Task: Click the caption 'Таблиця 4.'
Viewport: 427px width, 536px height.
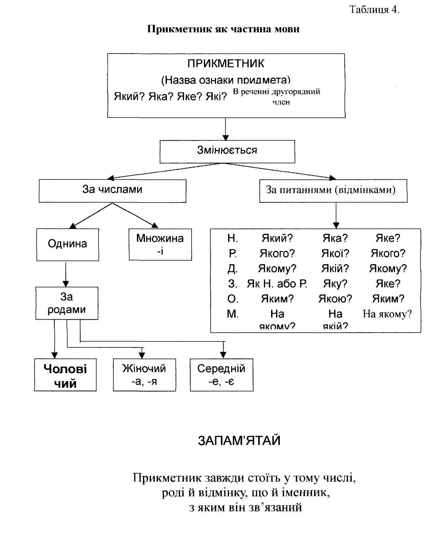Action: [x=374, y=10]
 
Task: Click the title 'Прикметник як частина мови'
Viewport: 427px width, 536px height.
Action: [x=223, y=29]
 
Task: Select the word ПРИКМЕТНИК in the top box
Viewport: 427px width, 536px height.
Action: [x=226, y=63]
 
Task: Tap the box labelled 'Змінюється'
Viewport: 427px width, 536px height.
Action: [x=227, y=151]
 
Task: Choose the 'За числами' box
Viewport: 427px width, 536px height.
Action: [x=112, y=190]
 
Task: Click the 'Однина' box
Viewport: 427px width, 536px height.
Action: [x=67, y=244]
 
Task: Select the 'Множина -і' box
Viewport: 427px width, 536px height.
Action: [x=160, y=244]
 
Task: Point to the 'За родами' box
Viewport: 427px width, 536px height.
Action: [x=67, y=303]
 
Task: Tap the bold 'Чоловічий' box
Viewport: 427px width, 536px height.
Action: [x=65, y=375]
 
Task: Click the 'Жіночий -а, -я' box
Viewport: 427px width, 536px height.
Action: [x=144, y=375]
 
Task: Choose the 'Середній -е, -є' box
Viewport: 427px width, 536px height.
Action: [x=221, y=375]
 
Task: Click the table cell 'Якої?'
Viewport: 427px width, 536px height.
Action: [x=335, y=254]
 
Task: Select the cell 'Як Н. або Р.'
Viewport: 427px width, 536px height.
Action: [x=277, y=284]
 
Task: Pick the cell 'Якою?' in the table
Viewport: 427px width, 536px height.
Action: [x=335, y=299]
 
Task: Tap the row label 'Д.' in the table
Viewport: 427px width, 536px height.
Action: [x=233, y=269]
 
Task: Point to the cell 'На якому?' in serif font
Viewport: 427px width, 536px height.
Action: [x=387, y=314]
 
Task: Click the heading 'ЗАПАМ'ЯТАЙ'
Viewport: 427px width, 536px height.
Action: [x=239, y=441]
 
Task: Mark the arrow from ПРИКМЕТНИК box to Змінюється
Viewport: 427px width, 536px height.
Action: [x=225, y=129]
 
